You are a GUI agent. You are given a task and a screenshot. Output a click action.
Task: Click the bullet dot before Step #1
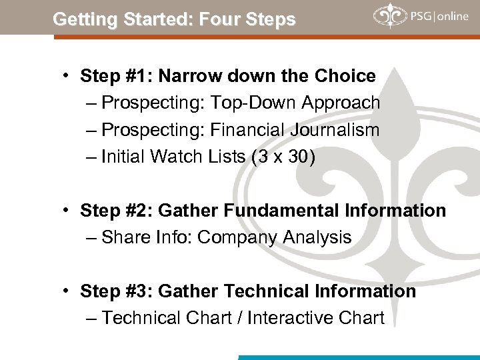(x=69, y=76)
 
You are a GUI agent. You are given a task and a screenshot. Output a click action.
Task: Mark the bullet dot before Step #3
(x=69, y=291)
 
